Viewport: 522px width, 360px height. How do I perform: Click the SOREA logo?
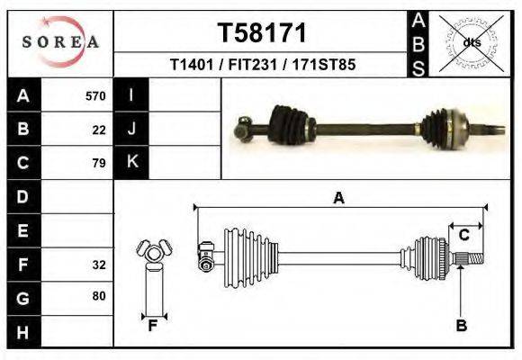[x=59, y=41]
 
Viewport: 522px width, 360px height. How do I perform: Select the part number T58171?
[x=262, y=33]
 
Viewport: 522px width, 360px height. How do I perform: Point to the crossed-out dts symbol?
[x=470, y=42]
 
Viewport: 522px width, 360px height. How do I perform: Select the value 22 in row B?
[x=99, y=130]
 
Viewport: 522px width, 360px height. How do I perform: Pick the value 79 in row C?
[x=99, y=164]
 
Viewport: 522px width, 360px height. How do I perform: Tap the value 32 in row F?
[x=99, y=265]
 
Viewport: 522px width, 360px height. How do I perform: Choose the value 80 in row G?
[x=99, y=296]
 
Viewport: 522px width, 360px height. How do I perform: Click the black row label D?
[x=22, y=196]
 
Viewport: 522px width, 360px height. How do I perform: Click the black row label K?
[x=131, y=163]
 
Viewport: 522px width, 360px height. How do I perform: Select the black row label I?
[x=131, y=95]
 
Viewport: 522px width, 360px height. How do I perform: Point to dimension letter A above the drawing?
[x=338, y=198]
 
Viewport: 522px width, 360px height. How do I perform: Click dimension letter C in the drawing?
[x=464, y=236]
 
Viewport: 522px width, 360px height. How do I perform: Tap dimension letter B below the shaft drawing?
[x=461, y=326]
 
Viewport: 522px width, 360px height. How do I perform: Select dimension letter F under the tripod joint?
[x=153, y=326]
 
